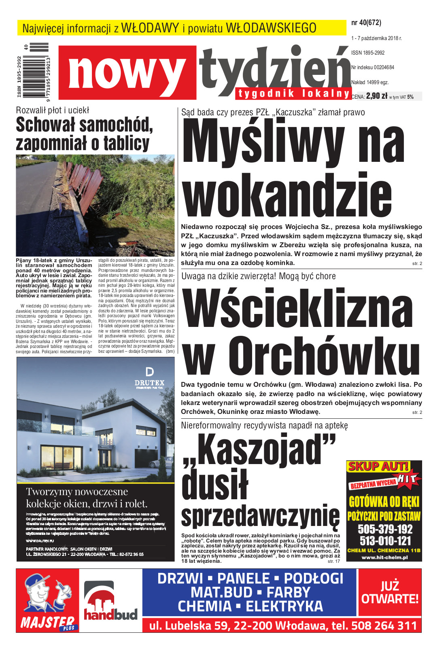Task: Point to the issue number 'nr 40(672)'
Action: tap(366, 23)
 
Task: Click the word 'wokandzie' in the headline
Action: tap(287, 196)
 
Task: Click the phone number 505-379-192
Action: tap(385, 529)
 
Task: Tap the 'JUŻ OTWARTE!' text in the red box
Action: tap(390, 592)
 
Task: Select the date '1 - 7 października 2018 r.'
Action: tap(376, 38)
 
